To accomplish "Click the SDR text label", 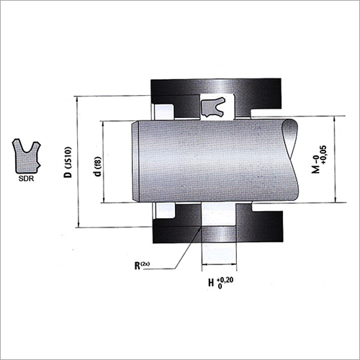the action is [x=26, y=179].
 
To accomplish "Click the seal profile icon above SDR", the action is [x=27, y=156].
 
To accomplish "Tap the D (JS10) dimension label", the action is [x=68, y=162].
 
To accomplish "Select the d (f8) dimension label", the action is [x=98, y=166].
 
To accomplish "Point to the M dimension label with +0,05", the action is [x=319, y=159].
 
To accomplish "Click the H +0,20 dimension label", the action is [x=220, y=283].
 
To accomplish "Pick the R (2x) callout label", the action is [x=142, y=266].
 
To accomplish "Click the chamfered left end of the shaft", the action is [x=135, y=161].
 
